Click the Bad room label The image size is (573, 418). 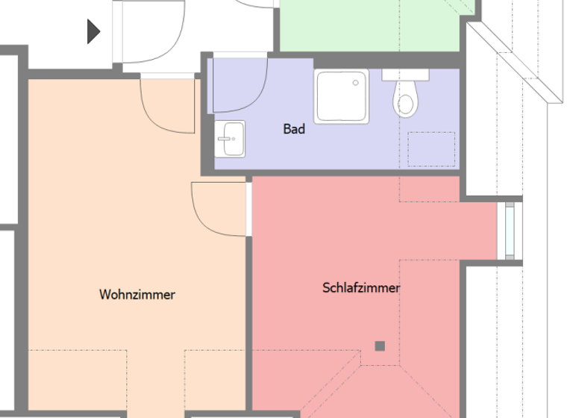coord(294,129)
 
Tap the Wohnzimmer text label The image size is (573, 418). coord(137,295)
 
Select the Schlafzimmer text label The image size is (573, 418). coord(361,287)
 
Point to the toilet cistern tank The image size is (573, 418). coord(406,75)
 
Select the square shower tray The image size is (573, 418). coord(342,96)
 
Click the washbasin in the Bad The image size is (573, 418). coord(231,139)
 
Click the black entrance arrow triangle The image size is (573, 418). coord(93,31)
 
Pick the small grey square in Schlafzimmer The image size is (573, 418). coord(380,346)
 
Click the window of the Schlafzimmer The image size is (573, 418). coord(510,231)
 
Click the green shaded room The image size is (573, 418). coord(369,26)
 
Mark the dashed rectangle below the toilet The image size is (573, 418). coord(431,149)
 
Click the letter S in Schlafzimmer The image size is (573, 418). coord(326,287)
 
